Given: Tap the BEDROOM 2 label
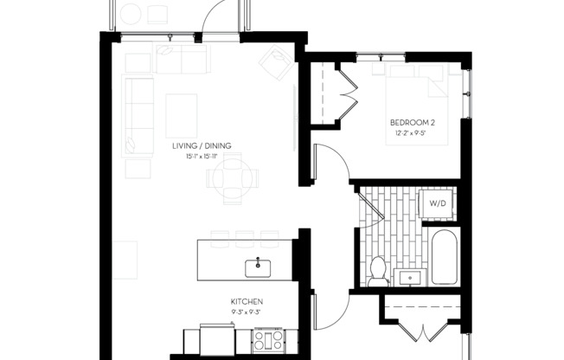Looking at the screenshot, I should tap(412, 123).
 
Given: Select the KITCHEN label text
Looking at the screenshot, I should tap(247, 301).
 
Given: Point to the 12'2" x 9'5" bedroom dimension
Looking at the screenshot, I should tap(412, 134).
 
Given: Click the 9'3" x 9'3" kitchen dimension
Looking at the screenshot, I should tap(247, 311).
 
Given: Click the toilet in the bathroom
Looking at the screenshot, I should tap(378, 270).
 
